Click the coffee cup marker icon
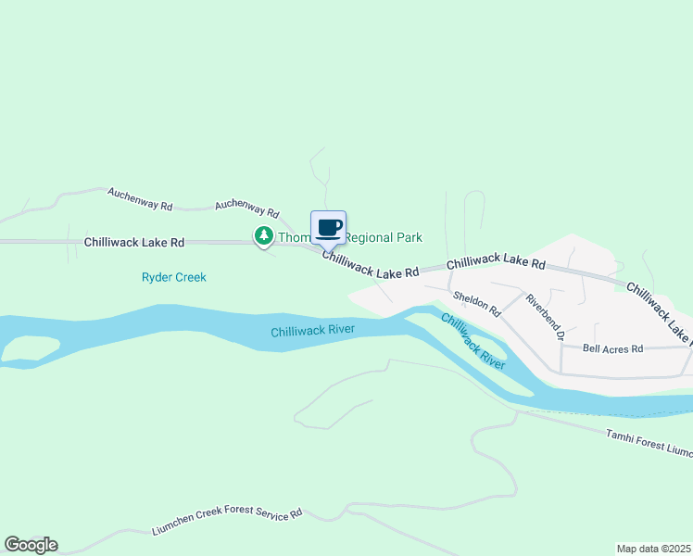click(329, 227)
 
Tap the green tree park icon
click(264, 237)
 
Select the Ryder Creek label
click(173, 277)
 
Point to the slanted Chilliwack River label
click(472, 342)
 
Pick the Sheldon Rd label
click(476, 302)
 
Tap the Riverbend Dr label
click(544, 317)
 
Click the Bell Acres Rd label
click(612, 348)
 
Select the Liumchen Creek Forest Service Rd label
click(227, 522)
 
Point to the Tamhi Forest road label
click(649, 442)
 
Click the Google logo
click(31, 545)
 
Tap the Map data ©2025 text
click(654, 549)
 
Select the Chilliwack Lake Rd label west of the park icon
click(134, 242)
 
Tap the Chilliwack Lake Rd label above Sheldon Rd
click(496, 264)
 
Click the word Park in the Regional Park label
click(404, 238)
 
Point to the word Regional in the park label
click(365, 238)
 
